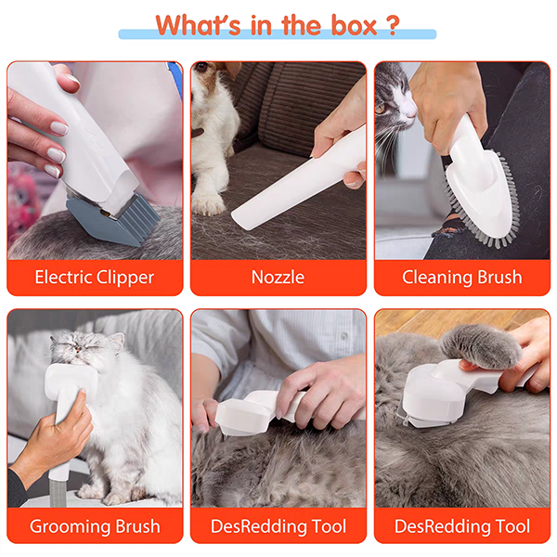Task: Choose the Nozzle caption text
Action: click(278, 277)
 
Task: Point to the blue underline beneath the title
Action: click(278, 35)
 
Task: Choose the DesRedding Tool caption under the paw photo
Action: click(461, 526)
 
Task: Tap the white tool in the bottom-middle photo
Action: click(251, 408)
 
